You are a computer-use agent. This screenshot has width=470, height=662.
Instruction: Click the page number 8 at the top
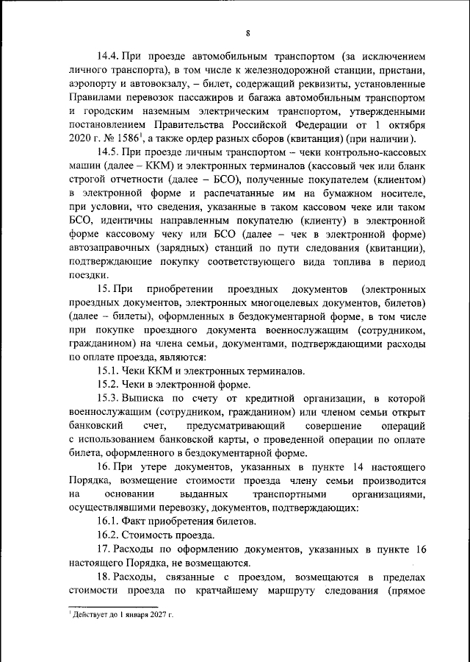click(x=248, y=32)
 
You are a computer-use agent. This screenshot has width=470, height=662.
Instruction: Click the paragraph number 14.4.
click(x=112, y=56)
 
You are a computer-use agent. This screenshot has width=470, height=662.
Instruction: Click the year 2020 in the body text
click(x=82, y=140)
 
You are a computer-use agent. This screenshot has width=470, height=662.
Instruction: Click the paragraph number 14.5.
click(x=112, y=154)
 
